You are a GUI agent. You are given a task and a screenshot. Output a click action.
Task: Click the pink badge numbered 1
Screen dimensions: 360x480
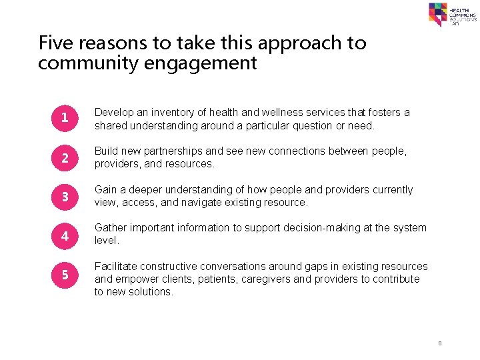click(x=65, y=119)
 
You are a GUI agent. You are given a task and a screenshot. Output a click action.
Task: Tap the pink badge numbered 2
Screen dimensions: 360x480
click(x=65, y=157)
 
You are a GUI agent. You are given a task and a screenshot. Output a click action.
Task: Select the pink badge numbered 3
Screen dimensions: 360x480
click(x=65, y=196)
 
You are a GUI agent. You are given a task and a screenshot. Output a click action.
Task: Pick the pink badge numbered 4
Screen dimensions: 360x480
click(x=65, y=235)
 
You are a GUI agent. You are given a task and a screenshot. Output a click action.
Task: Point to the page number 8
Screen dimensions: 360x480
click(x=440, y=343)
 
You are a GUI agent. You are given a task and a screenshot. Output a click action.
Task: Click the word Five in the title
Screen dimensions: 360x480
click(x=55, y=43)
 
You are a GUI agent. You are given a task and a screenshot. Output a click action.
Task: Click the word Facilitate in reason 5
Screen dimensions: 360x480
click(x=117, y=267)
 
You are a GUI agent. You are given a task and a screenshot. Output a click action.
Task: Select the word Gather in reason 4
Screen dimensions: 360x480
click(x=111, y=228)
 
